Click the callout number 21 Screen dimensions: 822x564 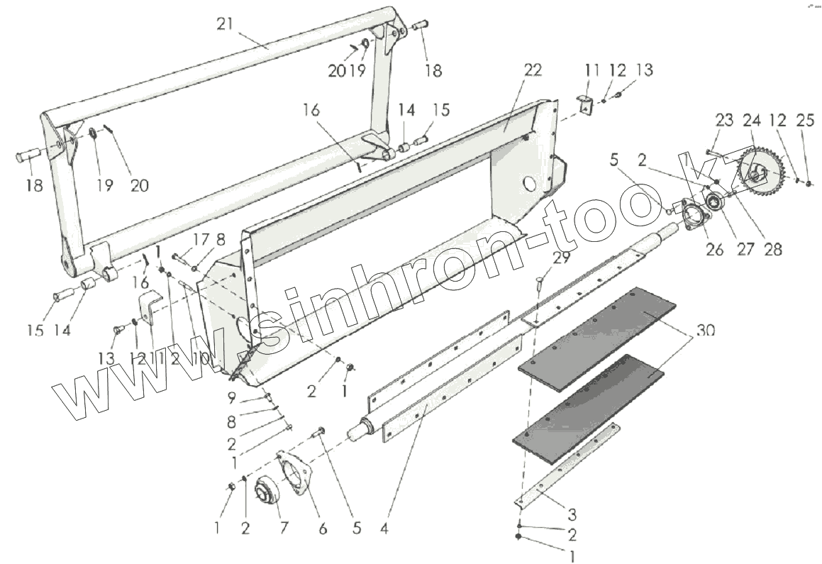pyautogui.click(x=226, y=24)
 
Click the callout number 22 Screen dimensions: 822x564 pyautogui.click(x=532, y=70)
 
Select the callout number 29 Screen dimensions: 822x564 pyautogui.click(x=561, y=258)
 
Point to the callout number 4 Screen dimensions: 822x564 pyautogui.click(x=384, y=528)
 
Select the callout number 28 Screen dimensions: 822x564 pyautogui.click(x=772, y=249)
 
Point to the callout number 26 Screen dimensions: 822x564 pyautogui.click(x=714, y=249)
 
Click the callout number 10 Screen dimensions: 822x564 pyautogui.click(x=201, y=359)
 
